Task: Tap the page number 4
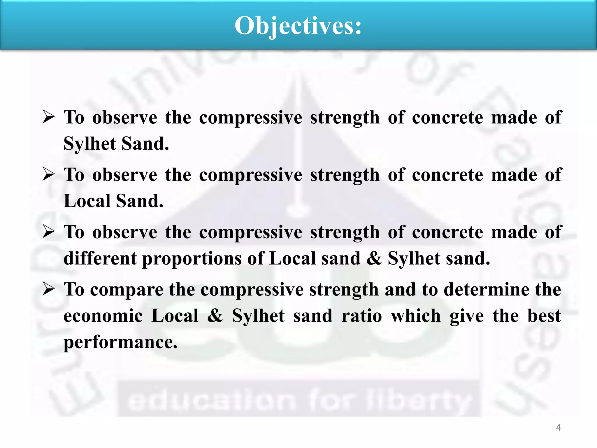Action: [x=558, y=428]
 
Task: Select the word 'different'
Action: [x=100, y=258]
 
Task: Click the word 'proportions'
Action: [x=192, y=258]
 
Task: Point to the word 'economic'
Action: [x=103, y=316]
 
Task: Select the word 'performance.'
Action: [x=120, y=342]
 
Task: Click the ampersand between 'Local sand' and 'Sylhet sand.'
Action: [x=374, y=258]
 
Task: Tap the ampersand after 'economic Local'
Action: [x=215, y=316]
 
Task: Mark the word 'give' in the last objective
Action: [x=467, y=316]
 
